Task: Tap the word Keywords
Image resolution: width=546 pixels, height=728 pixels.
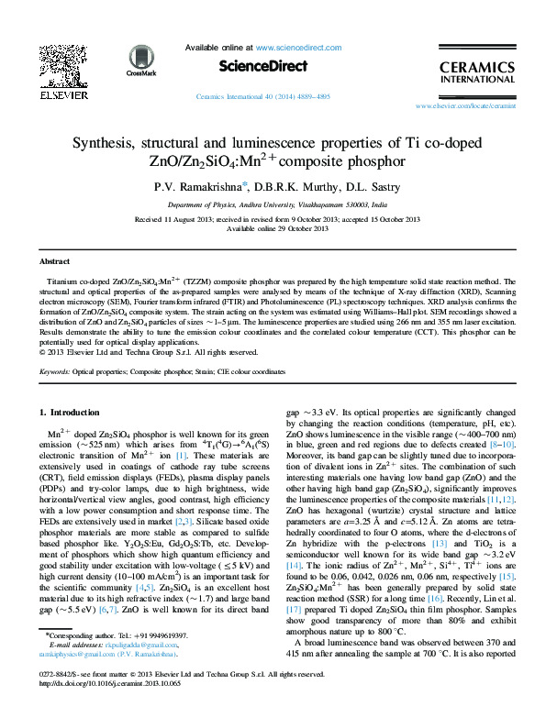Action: click(56, 372)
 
